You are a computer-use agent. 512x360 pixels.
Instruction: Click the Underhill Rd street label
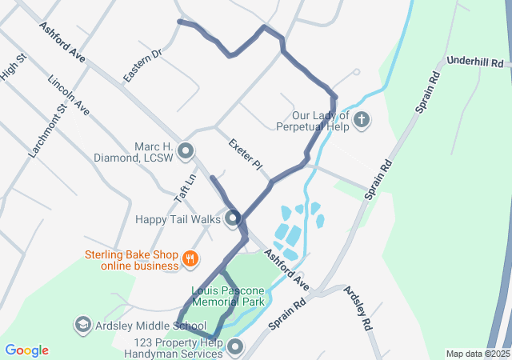pyautogui.click(x=475, y=62)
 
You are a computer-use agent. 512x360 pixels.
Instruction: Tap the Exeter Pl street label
pyautogui.click(x=245, y=154)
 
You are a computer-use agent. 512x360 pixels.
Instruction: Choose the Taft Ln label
pyautogui.click(x=185, y=189)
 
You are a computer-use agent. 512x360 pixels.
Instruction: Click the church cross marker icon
pyautogui.click(x=362, y=121)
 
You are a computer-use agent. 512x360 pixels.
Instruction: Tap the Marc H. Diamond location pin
pyautogui.click(x=186, y=150)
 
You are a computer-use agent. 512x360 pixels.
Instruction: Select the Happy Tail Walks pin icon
pyautogui.click(x=233, y=218)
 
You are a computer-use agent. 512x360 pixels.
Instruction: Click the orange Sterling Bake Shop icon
pyautogui.click(x=190, y=258)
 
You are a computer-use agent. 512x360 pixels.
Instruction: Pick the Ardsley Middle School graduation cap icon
pyautogui.click(x=82, y=326)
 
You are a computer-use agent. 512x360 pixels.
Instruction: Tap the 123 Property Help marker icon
pyautogui.click(x=235, y=346)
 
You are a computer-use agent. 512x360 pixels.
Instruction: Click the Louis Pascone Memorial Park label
pyautogui.click(x=229, y=296)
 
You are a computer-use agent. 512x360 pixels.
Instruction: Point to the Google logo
pyautogui.click(x=26, y=350)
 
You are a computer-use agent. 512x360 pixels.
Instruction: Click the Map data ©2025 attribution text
pyautogui.click(x=477, y=354)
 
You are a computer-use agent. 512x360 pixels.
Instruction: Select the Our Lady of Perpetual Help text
pyautogui.click(x=313, y=121)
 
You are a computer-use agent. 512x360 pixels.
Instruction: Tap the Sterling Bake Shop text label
pyautogui.click(x=131, y=261)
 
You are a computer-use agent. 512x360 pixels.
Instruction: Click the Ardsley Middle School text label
pyautogui.click(x=150, y=326)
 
